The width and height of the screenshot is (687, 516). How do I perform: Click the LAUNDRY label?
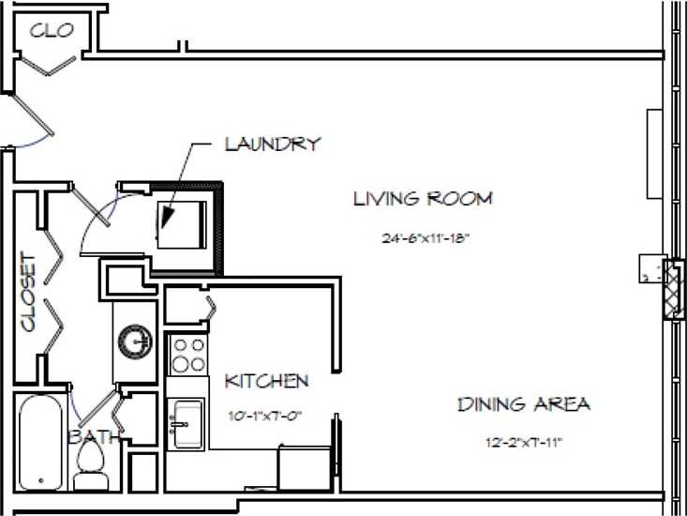tap(273, 144)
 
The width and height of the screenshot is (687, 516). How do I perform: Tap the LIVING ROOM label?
tap(422, 199)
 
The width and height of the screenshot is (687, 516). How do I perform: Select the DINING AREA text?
tap(523, 404)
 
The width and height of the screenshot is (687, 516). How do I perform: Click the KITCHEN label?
tap(266, 381)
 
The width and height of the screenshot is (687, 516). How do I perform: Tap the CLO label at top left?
tap(52, 30)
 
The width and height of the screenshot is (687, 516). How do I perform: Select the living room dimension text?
tap(424, 238)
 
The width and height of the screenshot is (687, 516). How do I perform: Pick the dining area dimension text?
tap(523, 442)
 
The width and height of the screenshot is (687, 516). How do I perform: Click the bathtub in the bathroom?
tap(41, 442)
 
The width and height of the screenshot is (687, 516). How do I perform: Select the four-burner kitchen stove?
tap(187, 355)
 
